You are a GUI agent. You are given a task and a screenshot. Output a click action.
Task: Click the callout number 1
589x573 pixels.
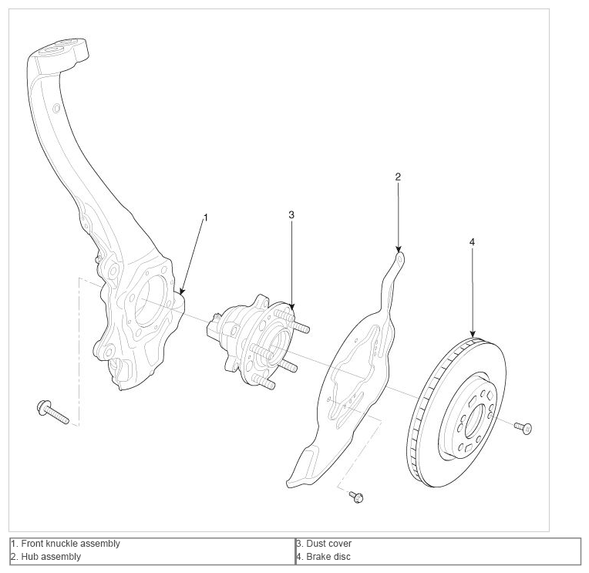point(205,217)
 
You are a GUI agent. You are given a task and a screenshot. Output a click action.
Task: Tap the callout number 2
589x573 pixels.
point(398,177)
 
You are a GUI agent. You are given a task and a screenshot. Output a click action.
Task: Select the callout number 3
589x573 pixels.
point(291,214)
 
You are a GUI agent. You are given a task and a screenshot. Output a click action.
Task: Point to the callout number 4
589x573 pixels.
point(472,242)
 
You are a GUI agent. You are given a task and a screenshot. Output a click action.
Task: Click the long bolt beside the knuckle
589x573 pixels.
point(53,412)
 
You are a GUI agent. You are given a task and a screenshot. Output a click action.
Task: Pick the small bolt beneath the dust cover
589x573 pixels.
point(356,497)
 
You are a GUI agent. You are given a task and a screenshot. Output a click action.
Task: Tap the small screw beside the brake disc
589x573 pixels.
point(523,427)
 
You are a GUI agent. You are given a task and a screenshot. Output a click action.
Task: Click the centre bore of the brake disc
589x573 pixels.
point(475,422)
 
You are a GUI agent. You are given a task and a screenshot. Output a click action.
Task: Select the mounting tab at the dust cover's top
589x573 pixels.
point(399,259)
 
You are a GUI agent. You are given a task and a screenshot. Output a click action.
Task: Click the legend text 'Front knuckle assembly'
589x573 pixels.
point(70,544)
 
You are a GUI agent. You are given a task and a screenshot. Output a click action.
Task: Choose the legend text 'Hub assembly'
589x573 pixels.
point(51,557)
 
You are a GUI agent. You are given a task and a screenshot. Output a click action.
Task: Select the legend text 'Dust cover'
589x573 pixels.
point(328,544)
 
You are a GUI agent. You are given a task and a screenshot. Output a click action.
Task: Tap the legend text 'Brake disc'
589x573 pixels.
point(328,557)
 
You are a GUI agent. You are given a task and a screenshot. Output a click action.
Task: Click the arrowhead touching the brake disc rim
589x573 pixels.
point(473,334)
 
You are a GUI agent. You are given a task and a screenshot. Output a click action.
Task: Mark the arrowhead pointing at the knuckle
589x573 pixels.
point(182,292)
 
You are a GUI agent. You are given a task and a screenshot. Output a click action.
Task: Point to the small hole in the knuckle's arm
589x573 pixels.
point(57,109)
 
